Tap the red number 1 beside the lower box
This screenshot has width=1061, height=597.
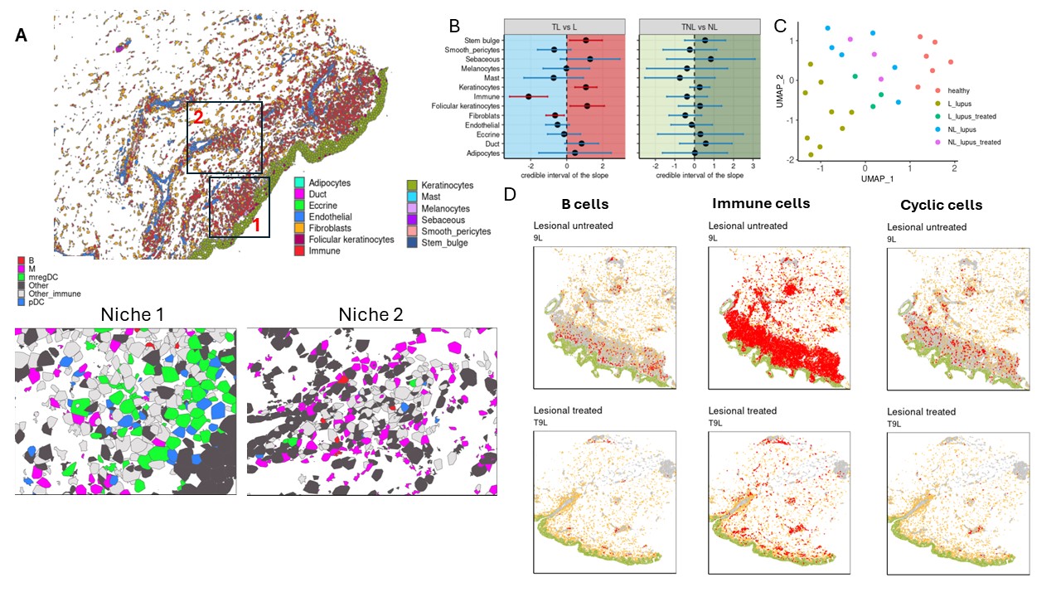[x=256, y=224]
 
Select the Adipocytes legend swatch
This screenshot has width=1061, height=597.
[x=301, y=182]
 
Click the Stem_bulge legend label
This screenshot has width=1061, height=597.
[x=443, y=243]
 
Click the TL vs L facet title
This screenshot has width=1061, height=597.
[x=566, y=27]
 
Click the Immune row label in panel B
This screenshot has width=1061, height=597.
[x=487, y=97]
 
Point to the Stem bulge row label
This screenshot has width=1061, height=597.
[x=481, y=40]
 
